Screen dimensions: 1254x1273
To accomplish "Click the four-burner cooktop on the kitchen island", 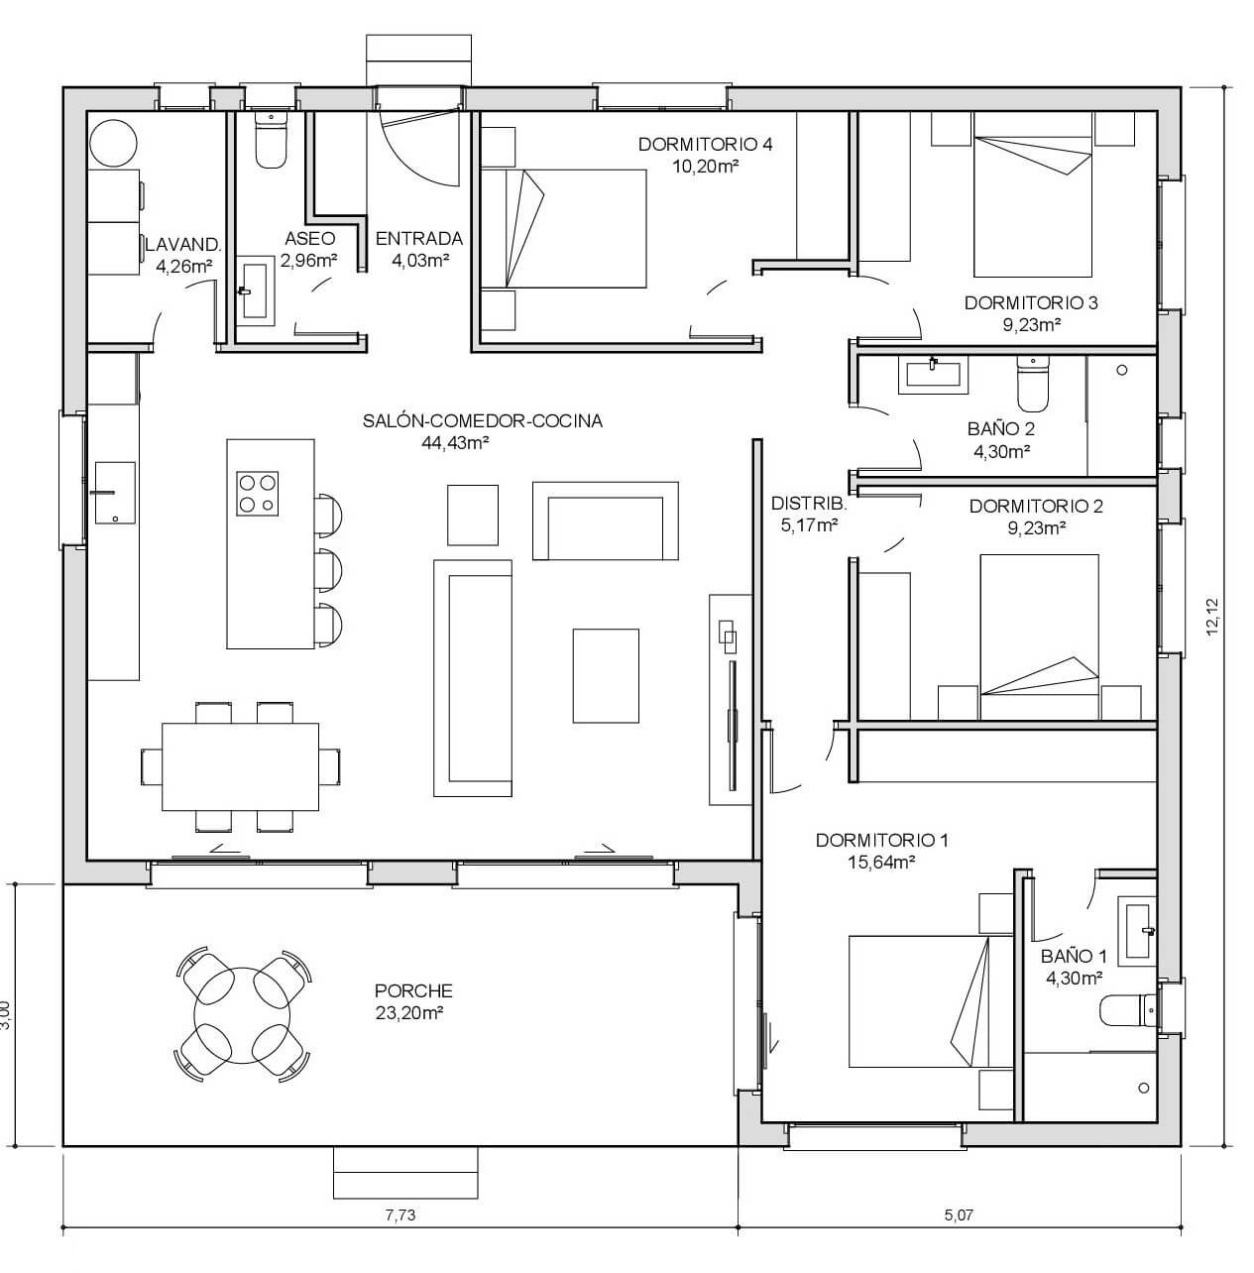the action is coord(257,494).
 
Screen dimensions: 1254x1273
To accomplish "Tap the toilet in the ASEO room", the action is coord(271,140).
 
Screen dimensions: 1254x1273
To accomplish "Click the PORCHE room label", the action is coord(413,990).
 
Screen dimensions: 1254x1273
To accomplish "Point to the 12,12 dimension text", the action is coord(1211,617).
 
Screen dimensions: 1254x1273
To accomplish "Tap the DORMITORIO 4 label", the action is coord(705,144).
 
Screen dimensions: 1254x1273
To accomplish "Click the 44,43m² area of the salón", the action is coord(455,442).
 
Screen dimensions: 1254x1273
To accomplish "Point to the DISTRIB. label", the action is coord(809,504).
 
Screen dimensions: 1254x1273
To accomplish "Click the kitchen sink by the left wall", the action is coord(115,492).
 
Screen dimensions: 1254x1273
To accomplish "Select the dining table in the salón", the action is coord(241,766).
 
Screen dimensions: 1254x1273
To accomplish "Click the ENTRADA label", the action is coord(419,239).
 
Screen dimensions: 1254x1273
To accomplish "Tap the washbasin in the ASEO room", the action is coord(255,290).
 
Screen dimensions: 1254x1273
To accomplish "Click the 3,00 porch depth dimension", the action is coord(6,1014).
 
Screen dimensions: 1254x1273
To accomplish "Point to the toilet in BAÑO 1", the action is coord(1128,1011).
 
